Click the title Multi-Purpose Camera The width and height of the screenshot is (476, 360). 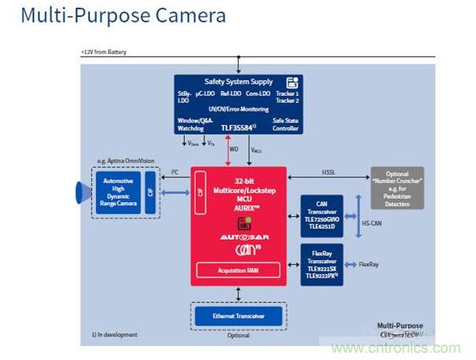click(123, 15)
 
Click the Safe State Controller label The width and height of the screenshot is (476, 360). click(285, 123)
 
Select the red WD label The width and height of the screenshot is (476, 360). click(234, 149)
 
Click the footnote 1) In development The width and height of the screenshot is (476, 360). click(116, 334)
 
